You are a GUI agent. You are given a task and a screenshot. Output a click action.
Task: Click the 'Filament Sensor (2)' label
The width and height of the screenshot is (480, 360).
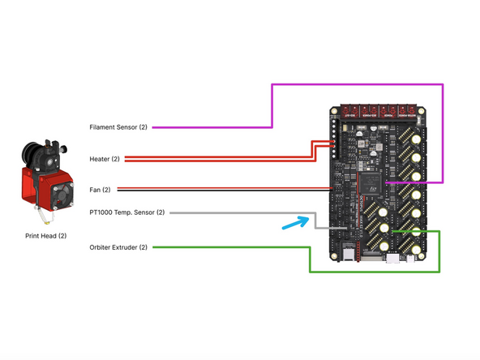[x=118, y=127]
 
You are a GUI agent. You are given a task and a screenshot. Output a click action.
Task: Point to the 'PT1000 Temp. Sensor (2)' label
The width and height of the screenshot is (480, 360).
[x=127, y=212]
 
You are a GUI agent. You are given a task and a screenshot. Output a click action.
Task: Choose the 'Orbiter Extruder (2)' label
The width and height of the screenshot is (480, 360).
[x=119, y=247]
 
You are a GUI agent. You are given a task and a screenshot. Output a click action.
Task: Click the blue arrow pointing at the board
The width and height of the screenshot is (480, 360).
[x=294, y=222]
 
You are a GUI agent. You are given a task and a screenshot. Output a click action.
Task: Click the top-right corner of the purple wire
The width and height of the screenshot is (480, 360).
[x=443, y=84]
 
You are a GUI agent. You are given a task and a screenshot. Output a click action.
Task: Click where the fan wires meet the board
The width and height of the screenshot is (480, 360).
[x=334, y=190]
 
